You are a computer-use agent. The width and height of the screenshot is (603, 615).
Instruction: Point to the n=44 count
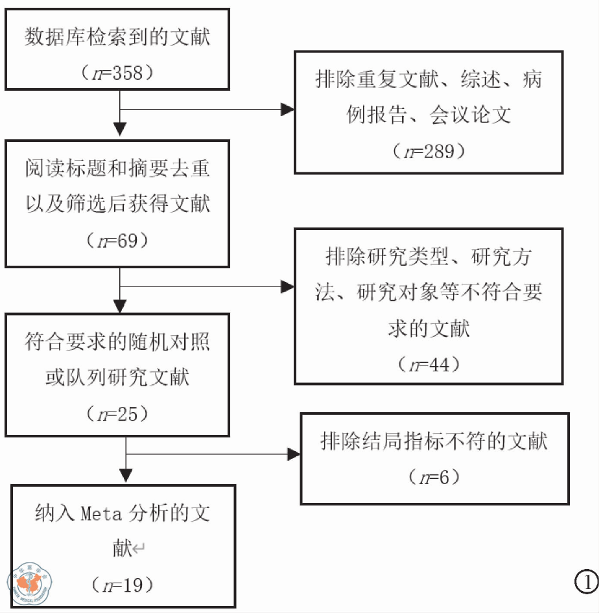428,365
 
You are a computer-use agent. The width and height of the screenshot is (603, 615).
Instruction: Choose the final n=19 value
123,585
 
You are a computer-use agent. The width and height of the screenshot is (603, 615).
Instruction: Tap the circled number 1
587,582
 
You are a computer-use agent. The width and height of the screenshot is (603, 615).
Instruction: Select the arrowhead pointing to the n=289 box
287,110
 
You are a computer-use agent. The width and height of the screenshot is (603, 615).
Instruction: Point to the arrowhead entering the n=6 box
293,455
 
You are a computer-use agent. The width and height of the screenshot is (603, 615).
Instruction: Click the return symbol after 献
138,550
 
